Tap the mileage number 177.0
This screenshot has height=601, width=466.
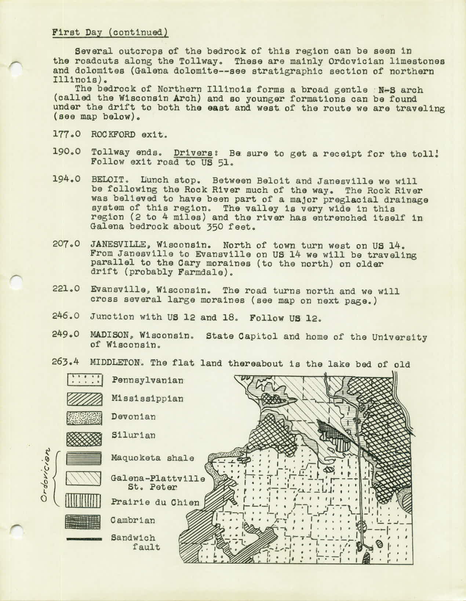[66, 134]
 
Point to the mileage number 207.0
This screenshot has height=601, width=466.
[66, 245]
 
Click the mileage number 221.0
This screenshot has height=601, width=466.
[66, 291]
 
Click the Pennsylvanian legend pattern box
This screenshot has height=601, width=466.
[84, 380]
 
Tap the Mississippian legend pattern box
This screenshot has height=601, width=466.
[84, 399]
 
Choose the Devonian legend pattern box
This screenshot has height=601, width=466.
[84, 417]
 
